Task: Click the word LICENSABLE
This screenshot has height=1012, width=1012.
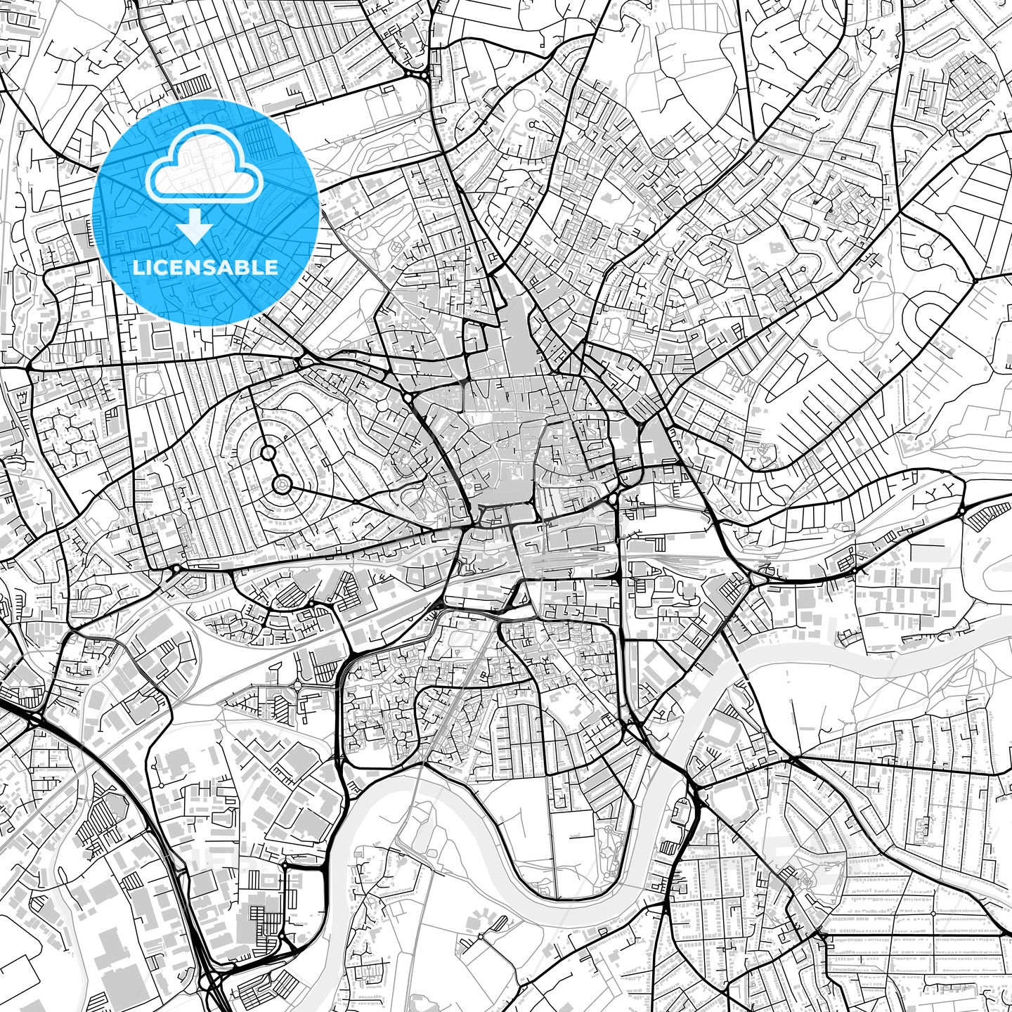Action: tap(205, 267)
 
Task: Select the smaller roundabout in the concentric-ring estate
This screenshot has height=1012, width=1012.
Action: tap(268, 453)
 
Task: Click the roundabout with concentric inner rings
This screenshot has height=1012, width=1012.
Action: tap(281, 484)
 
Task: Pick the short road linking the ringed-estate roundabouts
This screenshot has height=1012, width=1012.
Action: tap(274, 468)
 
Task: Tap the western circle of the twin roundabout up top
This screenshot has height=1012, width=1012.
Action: tap(408, 73)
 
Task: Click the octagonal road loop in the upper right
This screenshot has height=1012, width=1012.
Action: tap(926, 249)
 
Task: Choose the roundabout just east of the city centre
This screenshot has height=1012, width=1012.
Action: tap(614, 499)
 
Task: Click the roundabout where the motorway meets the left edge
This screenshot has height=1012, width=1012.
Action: tap(32, 716)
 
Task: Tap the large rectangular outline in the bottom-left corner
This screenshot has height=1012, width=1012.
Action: tap(21, 984)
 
